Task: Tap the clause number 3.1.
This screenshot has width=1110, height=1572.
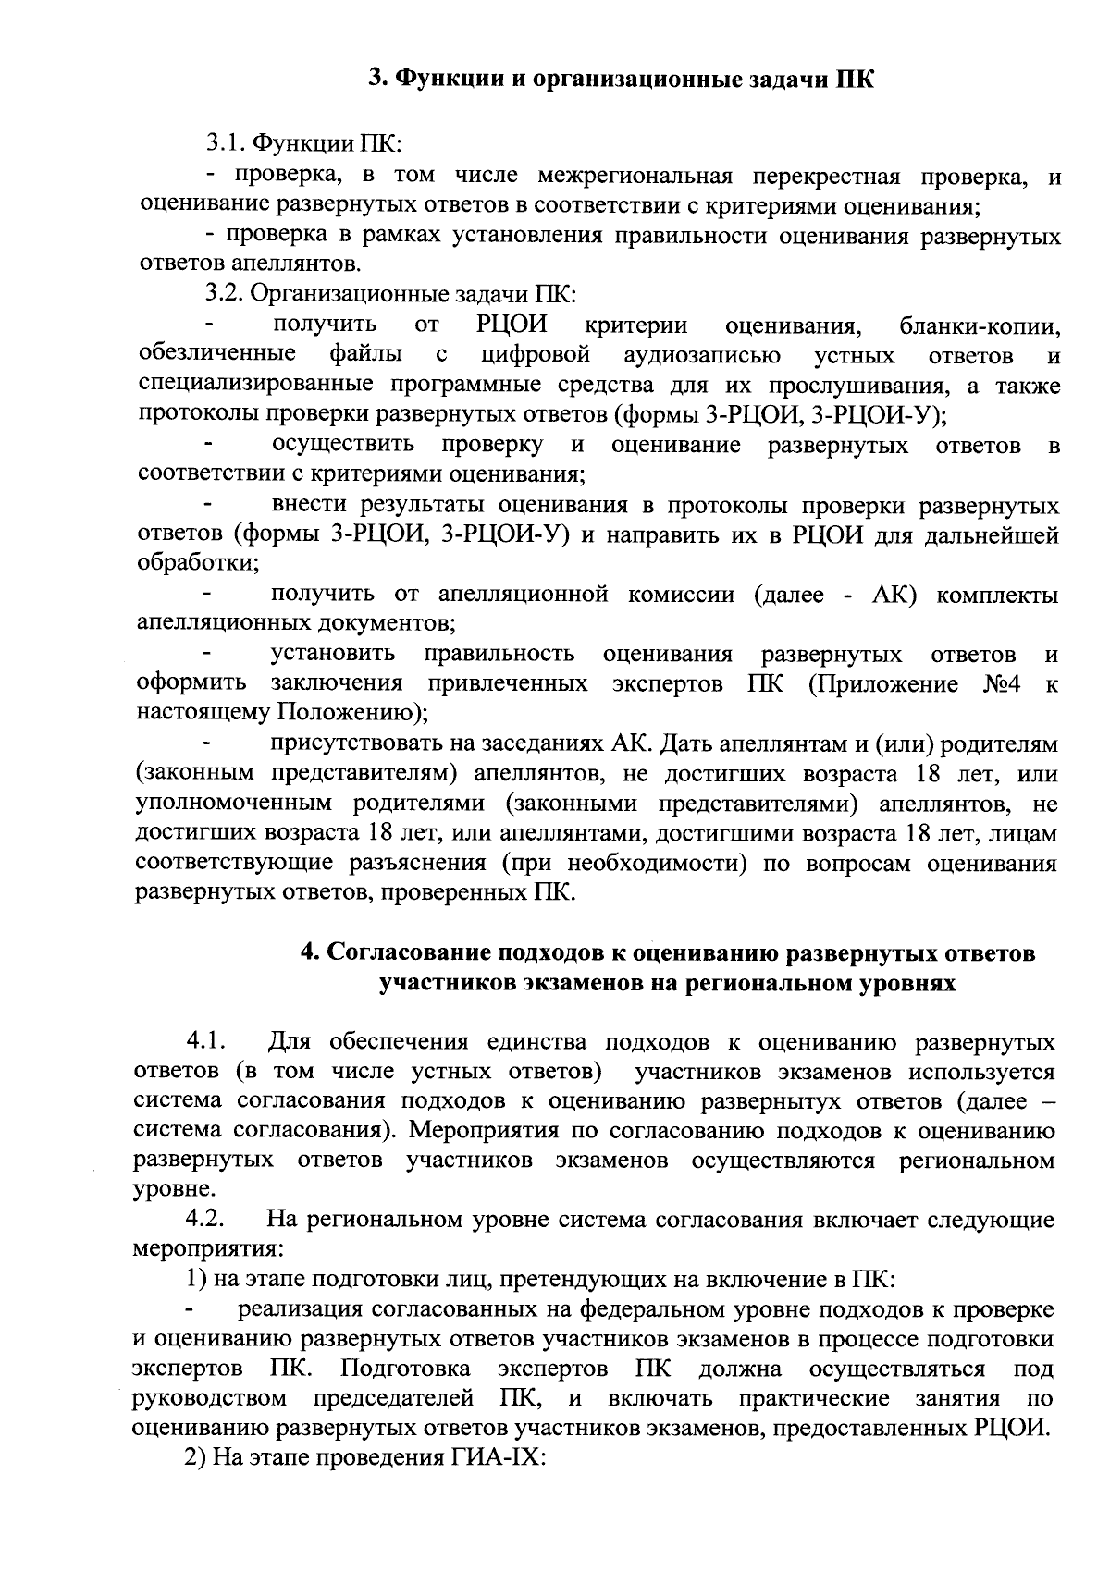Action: click(x=226, y=144)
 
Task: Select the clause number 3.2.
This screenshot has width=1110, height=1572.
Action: click(x=226, y=295)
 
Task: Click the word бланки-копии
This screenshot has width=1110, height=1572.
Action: click(x=980, y=325)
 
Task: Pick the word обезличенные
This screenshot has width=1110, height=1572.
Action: click(x=216, y=355)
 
